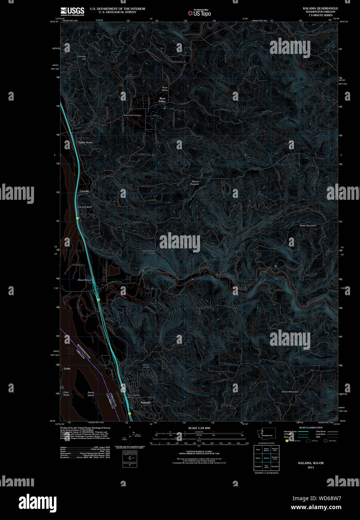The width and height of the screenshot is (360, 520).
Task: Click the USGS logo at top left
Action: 73,11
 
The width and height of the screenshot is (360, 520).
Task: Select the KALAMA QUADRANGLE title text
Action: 320,8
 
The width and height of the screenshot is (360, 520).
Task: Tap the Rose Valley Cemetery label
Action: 132,116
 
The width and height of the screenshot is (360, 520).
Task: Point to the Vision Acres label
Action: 85,143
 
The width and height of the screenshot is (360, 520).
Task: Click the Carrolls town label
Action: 84,191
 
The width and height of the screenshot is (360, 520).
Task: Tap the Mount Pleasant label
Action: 195,183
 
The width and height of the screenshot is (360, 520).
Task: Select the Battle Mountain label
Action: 308,226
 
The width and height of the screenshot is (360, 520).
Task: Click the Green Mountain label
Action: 290,392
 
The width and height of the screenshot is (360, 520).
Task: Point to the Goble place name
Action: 67,368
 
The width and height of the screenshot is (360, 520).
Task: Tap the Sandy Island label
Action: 91,394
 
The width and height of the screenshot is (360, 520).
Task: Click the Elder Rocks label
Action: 66,394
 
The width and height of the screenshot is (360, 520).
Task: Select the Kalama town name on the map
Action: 146,403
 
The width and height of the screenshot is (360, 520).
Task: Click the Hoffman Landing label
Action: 146,366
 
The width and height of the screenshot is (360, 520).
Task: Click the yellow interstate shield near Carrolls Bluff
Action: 77,218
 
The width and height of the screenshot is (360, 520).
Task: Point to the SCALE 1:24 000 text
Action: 199,428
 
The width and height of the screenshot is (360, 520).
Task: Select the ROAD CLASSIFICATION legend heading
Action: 311,428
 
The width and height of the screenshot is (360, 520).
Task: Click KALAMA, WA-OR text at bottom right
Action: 311,463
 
